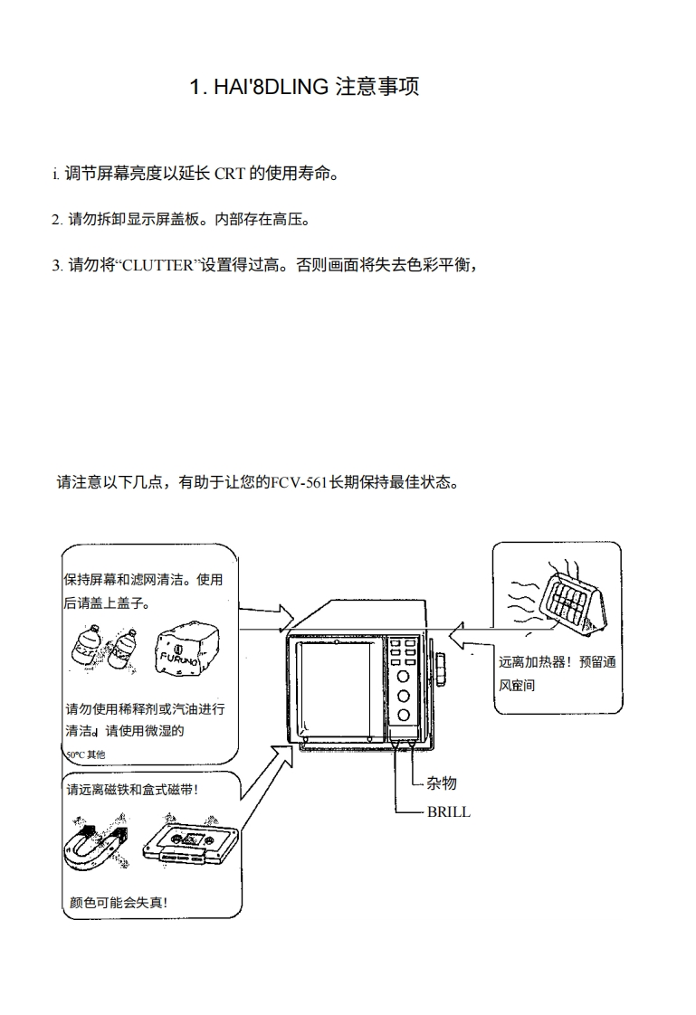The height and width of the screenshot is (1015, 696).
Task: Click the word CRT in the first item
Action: (x=230, y=174)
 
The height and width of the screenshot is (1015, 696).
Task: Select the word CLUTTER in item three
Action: (x=158, y=265)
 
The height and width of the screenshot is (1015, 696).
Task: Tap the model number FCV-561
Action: (x=299, y=483)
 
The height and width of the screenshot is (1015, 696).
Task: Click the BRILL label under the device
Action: (x=449, y=811)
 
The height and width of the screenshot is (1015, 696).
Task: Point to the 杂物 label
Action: (x=442, y=783)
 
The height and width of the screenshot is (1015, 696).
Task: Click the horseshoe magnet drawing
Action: (x=96, y=844)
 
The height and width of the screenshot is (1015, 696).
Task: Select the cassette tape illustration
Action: (x=190, y=842)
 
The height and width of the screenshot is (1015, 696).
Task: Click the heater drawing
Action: (x=573, y=602)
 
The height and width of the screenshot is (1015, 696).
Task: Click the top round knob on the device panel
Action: (x=404, y=677)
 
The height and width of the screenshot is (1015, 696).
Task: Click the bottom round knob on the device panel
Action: (x=404, y=716)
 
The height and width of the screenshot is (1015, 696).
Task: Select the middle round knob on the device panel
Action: (x=404, y=696)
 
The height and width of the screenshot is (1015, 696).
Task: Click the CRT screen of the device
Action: (x=336, y=688)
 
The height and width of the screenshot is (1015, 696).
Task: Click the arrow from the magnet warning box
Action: (x=266, y=773)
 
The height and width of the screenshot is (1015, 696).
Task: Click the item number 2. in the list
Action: (x=57, y=220)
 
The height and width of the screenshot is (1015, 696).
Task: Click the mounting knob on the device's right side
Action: (x=442, y=669)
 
